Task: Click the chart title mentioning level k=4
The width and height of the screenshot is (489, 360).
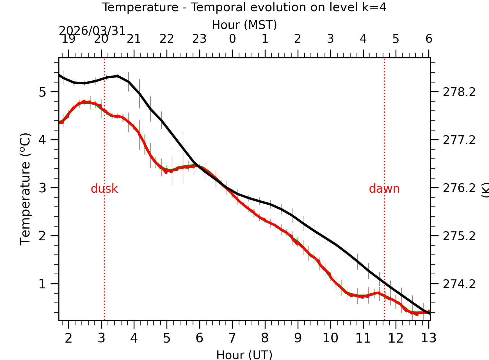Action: click(244, 7)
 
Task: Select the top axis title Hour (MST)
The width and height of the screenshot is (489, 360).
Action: click(244, 25)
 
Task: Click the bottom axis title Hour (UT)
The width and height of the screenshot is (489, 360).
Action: click(244, 355)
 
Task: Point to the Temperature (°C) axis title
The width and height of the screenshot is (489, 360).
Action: click(25, 189)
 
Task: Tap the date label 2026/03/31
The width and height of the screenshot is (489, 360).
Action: click(92, 31)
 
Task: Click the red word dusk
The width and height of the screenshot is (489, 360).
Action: click(104, 189)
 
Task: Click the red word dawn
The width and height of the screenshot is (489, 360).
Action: click(384, 189)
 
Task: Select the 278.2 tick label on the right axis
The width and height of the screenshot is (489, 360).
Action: click(459, 92)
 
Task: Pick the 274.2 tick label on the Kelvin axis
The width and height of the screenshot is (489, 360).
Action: click(459, 284)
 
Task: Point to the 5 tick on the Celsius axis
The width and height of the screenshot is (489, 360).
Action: click(42, 92)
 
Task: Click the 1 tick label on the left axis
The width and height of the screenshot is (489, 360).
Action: click(42, 284)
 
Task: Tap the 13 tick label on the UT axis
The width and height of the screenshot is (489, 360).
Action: click(428, 338)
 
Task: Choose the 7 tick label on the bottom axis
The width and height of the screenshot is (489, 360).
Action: click(232, 338)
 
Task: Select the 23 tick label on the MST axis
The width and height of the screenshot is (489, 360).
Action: click(199, 39)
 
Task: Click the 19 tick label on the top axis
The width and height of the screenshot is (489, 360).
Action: click(68, 39)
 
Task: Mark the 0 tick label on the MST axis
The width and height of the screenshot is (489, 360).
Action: click(232, 39)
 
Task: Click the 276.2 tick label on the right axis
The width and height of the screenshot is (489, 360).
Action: click(459, 188)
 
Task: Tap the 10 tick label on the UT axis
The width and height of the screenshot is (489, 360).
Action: click(330, 338)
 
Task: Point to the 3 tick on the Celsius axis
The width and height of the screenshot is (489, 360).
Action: click(42, 188)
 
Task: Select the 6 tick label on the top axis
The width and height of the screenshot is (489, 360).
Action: click(429, 39)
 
